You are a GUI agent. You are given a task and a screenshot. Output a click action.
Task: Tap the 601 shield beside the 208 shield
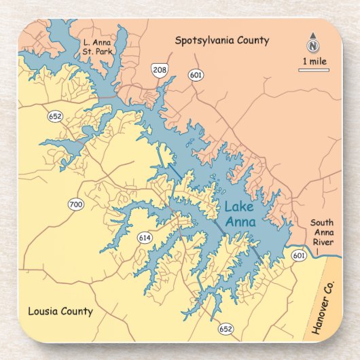[196, 75]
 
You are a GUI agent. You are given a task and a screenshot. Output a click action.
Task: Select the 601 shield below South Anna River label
[299, 255]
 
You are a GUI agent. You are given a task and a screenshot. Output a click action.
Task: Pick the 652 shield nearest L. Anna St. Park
[55, 117]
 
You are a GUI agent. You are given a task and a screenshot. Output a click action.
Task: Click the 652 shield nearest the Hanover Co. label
[226, 329]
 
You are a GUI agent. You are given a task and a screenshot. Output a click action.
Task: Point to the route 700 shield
[75, 204]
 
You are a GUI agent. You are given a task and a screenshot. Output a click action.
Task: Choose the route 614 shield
[144, 237]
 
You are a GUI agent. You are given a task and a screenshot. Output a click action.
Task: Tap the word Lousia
[42, 312]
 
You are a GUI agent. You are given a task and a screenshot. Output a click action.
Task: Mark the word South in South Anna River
[322, 223]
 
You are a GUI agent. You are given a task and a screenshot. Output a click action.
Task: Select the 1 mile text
[313, 60]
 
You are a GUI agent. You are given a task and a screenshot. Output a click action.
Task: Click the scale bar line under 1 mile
[313, 70]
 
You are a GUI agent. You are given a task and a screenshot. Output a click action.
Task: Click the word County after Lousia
[75, 312]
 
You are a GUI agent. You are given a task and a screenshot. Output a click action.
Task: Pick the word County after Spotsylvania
[253, 41]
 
